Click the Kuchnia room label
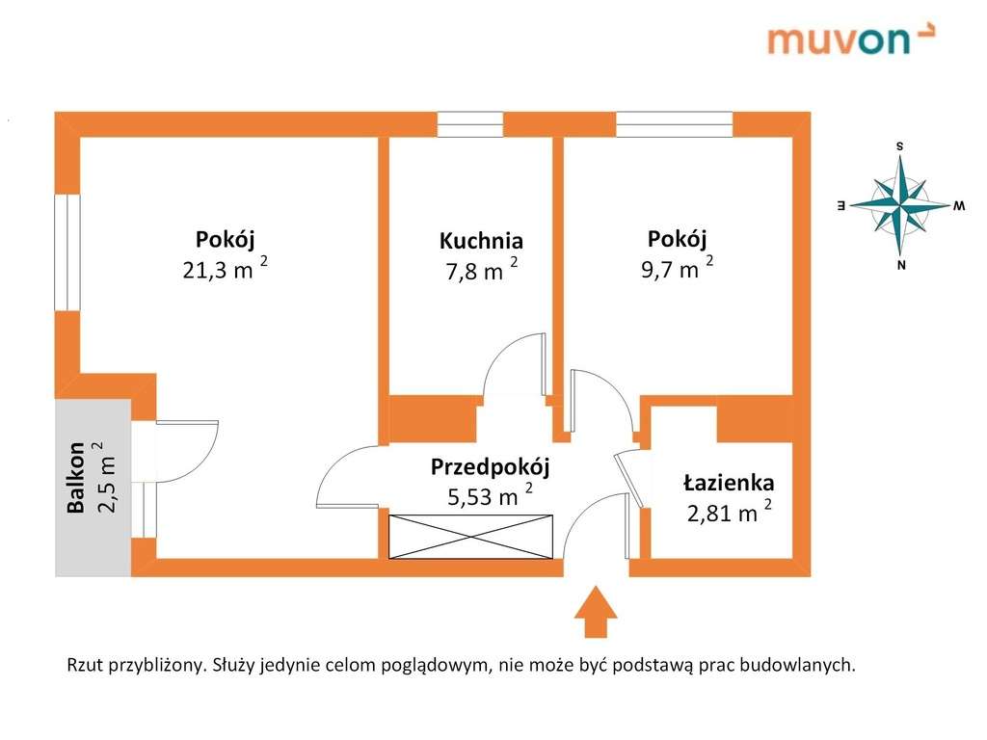(x=481, y=241)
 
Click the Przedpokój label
(x=490, y=468)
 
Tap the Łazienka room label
(x=729, y=482)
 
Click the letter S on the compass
(x=899, y=146)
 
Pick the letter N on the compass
(x=900, y=266)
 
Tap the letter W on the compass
(x=959, y=206)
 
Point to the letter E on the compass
(x=840, y=206)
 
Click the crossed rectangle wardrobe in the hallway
(x=470, y=536)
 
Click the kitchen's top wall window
(x=470, y=124)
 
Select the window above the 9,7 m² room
(x=675, y=124)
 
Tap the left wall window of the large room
(x=67, y=252)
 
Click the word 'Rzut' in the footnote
(x=84, y=665)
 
